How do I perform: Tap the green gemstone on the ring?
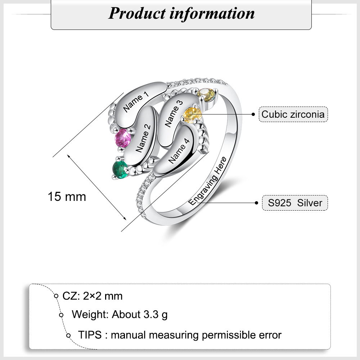coord(120,170)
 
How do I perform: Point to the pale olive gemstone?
coord(207,95)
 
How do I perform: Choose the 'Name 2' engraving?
coord(143,139)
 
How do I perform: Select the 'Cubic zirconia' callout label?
coord(293,114)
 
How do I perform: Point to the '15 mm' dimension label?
coord(67,197)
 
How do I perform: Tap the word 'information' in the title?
coord(212,13)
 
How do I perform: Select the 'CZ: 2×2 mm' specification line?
coord(93,296)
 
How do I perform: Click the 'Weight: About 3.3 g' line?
coord(120,314)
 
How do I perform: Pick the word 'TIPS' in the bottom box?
coord(90,335)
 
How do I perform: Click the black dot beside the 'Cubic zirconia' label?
coord(253,114)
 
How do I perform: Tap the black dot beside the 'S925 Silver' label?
coord(256,203)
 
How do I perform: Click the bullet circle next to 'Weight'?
coord(61,315)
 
